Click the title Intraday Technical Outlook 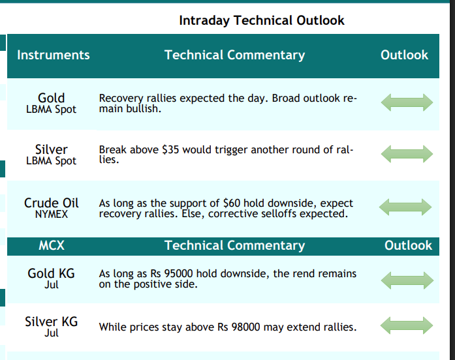pos(262,21)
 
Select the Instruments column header pos(54,55)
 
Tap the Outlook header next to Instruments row pos(404,55)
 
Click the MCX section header pos(52,245)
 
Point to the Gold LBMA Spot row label pos(52,103)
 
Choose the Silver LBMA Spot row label pos(52,155)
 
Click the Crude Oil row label pos(52,208)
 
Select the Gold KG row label pos(52,278)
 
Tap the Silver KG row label pos(52,326)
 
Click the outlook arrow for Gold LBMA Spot pos(407,102)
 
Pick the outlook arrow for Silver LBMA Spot pos(407,154)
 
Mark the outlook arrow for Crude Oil pos(405,207)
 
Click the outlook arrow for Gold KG pos(407,280)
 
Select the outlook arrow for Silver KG pos(407,325)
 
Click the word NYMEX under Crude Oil pos(52,215)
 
